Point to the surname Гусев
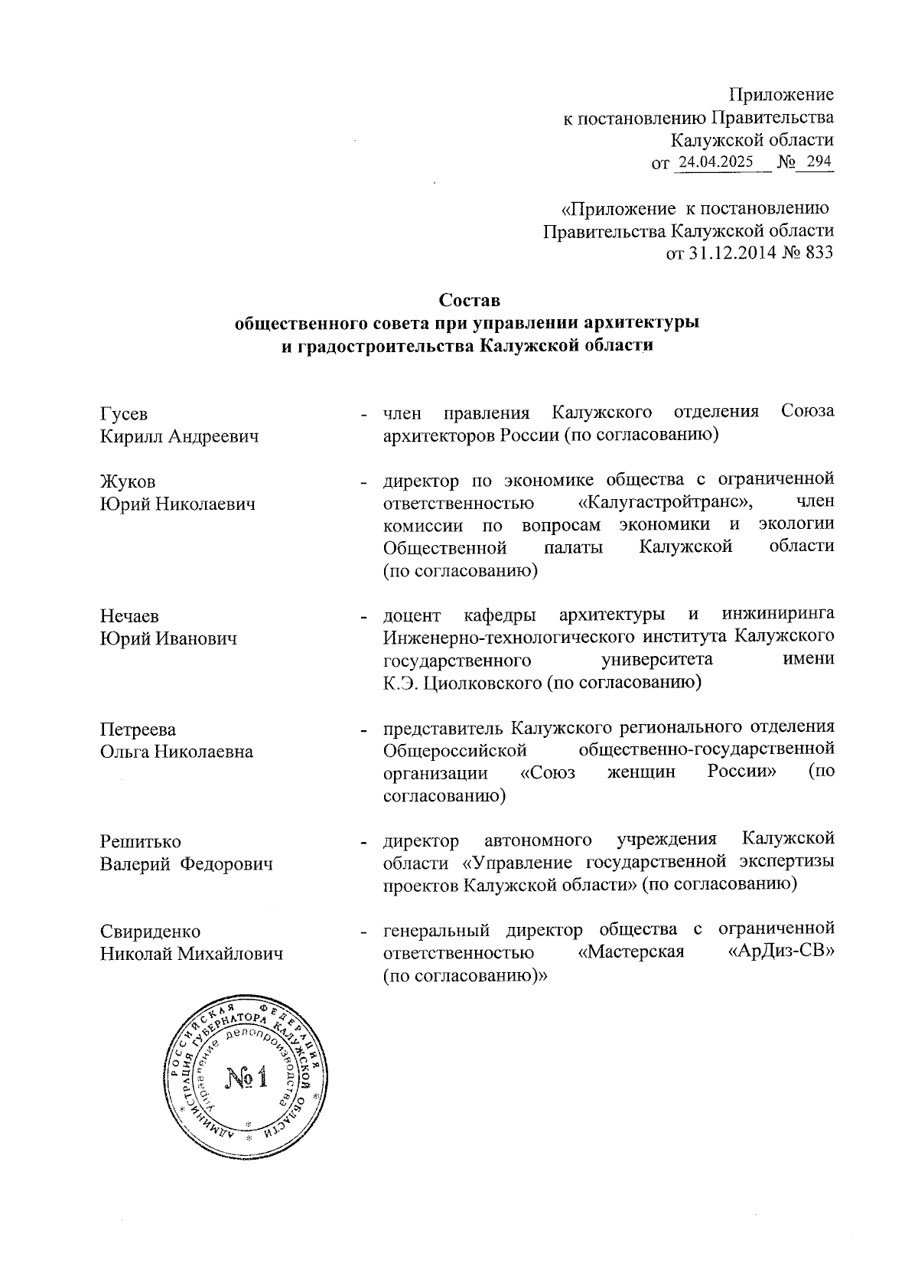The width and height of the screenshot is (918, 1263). tap(124, 413)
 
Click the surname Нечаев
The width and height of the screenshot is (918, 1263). tap(130, 615)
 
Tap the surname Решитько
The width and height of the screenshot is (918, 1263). tap(141, 841)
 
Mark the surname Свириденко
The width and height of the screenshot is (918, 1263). tap(150, 931)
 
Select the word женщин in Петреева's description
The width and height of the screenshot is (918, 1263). tap(641, 772)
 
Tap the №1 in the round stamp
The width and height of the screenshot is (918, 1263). tap(246, 1079)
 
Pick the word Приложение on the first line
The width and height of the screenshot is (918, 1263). tap(781, 95)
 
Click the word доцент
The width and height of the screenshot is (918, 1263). tap(412, 615)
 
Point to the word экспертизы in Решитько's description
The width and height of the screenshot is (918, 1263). tap(786, 863)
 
